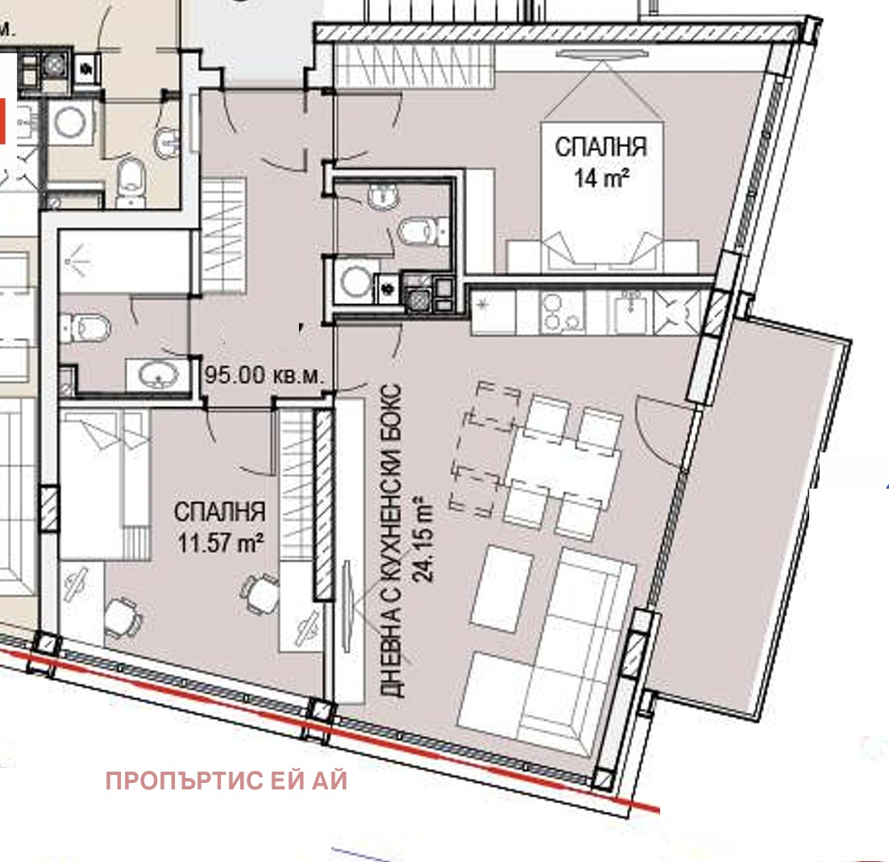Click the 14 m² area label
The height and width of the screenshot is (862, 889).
point(601,178)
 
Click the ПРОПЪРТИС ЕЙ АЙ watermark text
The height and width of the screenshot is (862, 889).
point(226,781)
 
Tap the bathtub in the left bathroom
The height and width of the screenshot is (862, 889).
point(125,261)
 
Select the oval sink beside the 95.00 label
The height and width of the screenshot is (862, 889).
point(160,374)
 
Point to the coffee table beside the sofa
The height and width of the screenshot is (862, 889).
point(501,589)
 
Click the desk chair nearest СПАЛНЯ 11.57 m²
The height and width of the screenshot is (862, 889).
point(260,593)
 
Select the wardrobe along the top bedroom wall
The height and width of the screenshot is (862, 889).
point(413,66)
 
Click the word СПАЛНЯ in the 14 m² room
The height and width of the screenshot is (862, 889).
point(601,146)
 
